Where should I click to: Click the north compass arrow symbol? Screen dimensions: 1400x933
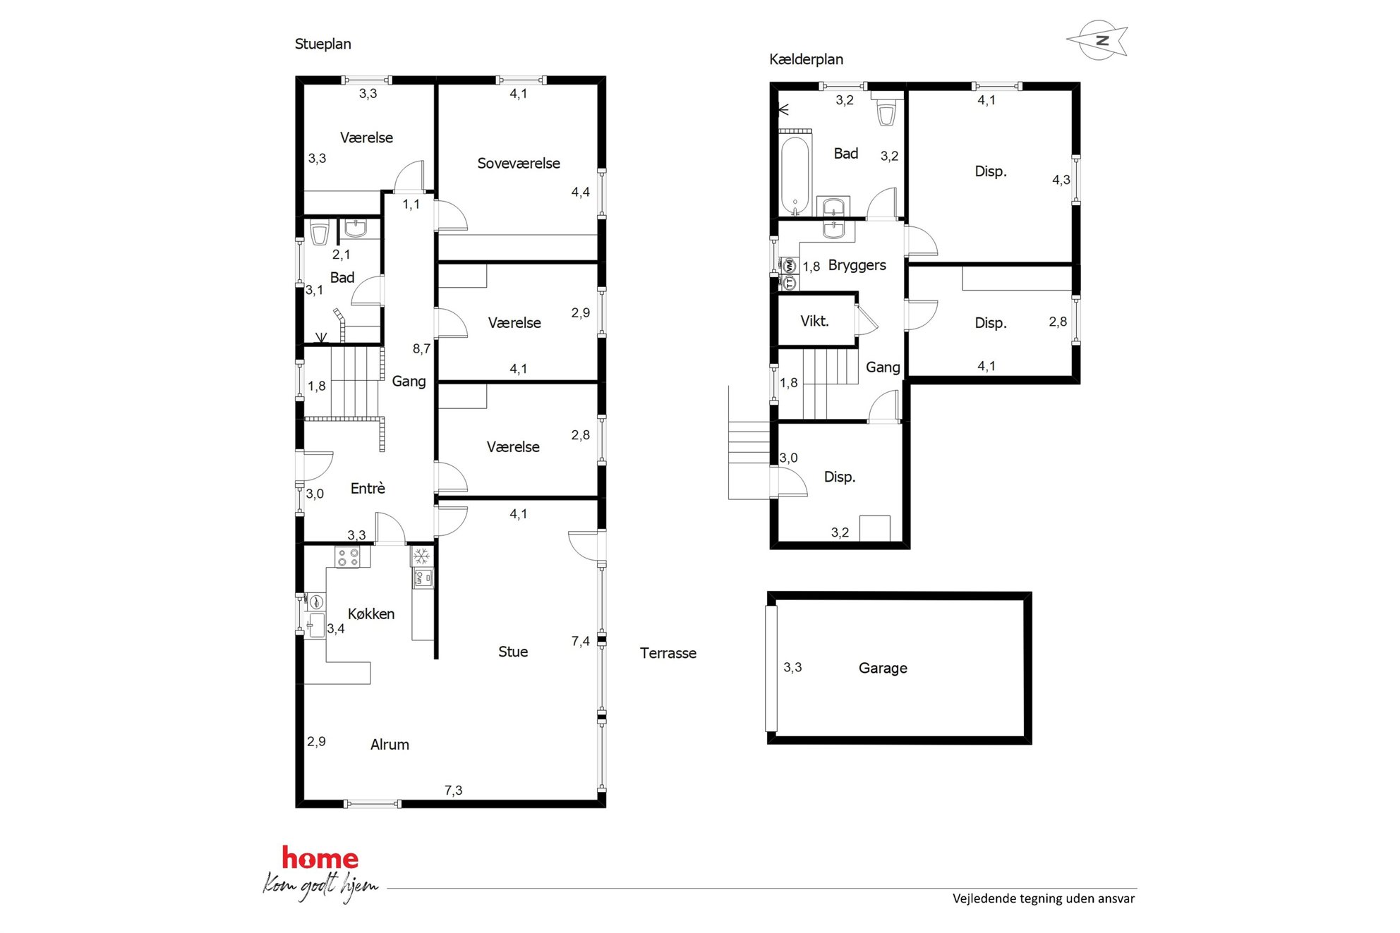tap(1098, 40)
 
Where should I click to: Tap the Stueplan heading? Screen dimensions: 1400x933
tap(322, 44)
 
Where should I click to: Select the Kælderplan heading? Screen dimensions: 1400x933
tap(806, 59)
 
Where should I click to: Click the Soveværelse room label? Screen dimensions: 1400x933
tap(519, 163)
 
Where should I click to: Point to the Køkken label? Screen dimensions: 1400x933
tap(371, 614)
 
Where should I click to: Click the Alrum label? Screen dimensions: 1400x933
tap(390, 744)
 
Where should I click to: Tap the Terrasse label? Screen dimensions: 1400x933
tap(668, 653)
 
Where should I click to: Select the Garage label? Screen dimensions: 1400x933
tap(883, 668)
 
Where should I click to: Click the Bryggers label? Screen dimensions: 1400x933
tap(857, 265)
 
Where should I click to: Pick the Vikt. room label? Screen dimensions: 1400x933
tap(814, 321)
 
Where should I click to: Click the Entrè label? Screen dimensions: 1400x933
tap(368, 488)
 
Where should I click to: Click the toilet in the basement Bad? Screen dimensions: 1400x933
tap(886, 112)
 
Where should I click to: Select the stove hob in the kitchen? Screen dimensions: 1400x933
tap(348, 557)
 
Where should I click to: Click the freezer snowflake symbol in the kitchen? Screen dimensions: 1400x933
tap(421, 556)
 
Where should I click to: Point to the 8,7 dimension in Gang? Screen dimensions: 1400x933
tap(421, 348)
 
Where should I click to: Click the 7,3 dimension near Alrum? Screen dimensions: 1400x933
tap(453, 791)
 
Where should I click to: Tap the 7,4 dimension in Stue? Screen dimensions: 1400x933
tap(580, 641)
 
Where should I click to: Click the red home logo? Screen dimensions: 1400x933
tap(320, 858)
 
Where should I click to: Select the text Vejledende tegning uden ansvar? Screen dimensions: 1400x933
tap(1044, 898)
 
